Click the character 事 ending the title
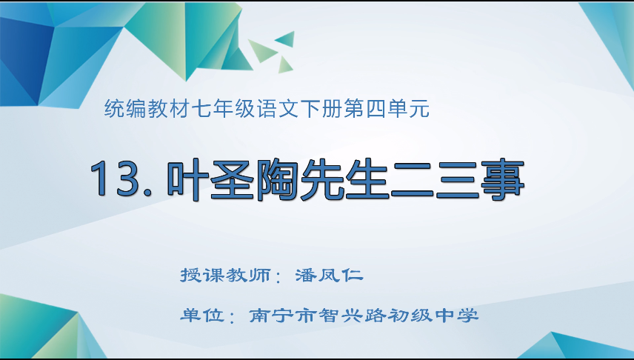(500, 179)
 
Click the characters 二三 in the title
(433, 179)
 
